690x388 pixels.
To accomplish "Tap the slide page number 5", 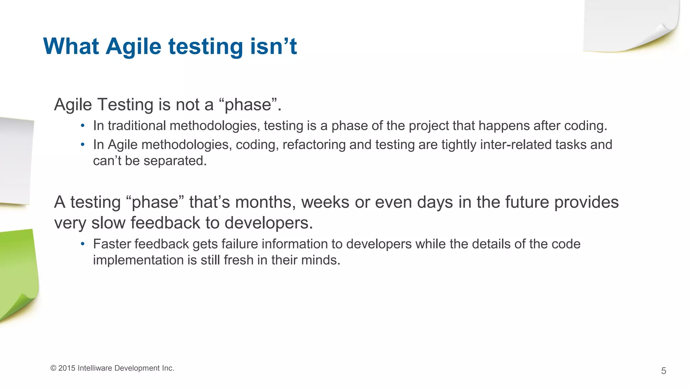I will (663, 371).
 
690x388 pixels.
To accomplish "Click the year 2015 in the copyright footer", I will (67, 368).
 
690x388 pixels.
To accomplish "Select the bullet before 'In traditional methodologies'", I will (83, 126).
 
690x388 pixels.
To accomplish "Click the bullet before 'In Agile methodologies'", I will (83, 145).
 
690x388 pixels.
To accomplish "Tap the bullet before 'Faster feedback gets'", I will (83, 244).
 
